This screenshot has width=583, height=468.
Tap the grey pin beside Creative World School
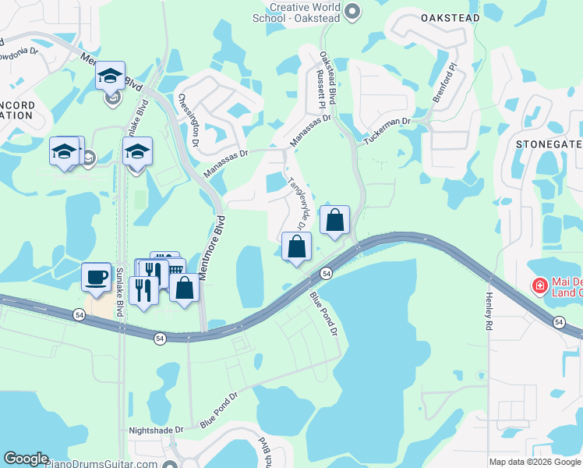click(x=352, y=11)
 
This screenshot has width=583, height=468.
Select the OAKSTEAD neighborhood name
click(x=448, y=16)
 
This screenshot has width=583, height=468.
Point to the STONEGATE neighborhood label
click(x=549, y=144)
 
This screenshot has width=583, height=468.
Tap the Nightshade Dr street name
click(x=157, y=430)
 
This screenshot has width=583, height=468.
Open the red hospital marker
click(x=539, y=287)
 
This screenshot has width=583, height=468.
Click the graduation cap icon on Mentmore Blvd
click(x=111, y=76)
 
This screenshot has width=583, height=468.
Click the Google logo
click(x=26, y=459)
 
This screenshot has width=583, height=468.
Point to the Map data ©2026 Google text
click(x=534, y=462)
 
